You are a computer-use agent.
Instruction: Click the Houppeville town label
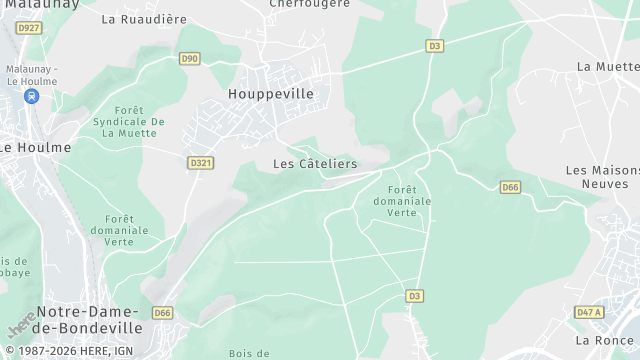click(270, 93)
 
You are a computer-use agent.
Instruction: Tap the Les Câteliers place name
click(315, 163)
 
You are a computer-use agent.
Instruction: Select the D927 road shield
click(29, 27)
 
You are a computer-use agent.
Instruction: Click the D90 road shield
click(189, 59)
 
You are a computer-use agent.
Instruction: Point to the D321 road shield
click(201, 162)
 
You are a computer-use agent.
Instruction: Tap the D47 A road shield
click(590, 313)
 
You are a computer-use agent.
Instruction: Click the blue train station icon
click(31, 97)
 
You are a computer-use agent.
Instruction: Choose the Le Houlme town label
click(35, 147)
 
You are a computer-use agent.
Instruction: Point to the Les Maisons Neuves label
click(601, 177)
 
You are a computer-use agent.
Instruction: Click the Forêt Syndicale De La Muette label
click(128, 121)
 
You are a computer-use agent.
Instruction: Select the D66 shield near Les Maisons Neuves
click(510, 187)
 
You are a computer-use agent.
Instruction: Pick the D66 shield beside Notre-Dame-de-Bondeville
click(162, 313)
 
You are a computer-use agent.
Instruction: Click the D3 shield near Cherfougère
click(434, 45)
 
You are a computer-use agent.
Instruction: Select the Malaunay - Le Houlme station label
click(32, 74)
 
